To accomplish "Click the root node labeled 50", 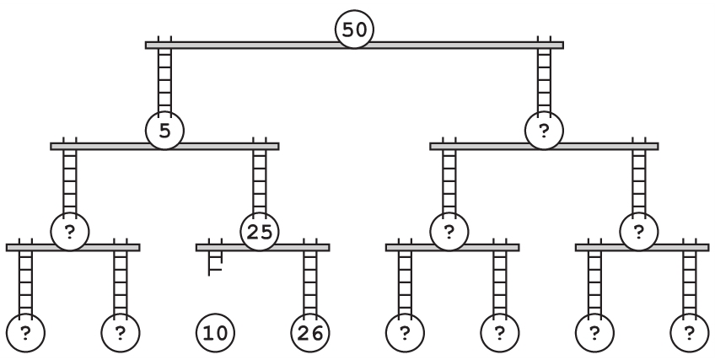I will coord(354,30).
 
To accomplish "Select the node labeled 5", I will coord(164,131).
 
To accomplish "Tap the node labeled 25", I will coord(260,231).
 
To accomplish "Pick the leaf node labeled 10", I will coord(215,332).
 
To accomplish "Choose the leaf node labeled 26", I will coord(310,332).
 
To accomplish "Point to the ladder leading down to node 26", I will coord(310,282).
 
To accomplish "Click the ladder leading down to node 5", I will coord(164,80).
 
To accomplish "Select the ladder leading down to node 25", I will coord(260,181).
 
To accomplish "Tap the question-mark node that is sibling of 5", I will coord(544,131).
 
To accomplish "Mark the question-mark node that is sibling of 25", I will coord(70,231).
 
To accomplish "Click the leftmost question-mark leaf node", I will coord(25,332).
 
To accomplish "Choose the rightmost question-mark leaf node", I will coord(690,332).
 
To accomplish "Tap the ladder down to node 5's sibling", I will coord(544,80).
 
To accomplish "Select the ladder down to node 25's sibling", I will coord(70,181).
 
